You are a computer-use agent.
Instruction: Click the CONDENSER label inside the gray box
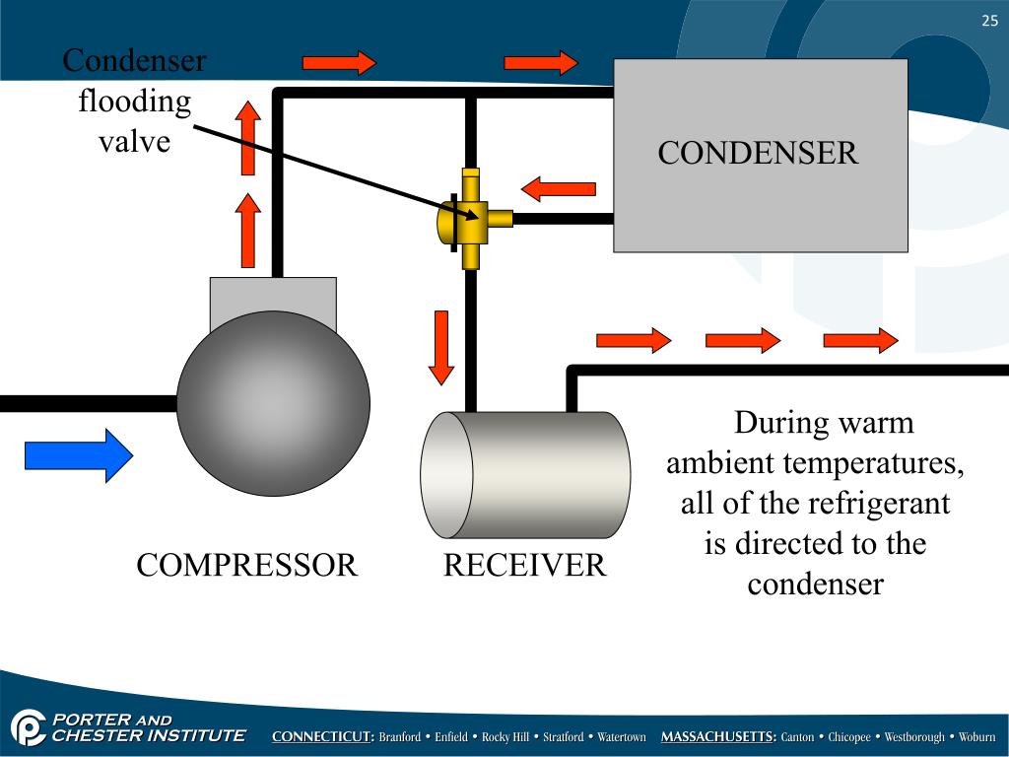(758, 153)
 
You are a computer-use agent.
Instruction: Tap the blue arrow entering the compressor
(79, 455)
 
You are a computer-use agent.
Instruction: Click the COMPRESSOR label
(246, 565)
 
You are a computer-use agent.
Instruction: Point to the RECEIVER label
(524, 565)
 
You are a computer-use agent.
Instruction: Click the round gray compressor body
(274, 403)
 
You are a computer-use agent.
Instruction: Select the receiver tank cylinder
(525, 475)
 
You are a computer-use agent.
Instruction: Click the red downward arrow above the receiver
(440, 348)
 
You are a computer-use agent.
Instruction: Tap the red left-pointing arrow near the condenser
(559, 189)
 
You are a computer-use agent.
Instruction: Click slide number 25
(989, 21)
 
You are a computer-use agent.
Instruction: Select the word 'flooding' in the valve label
(134, 102)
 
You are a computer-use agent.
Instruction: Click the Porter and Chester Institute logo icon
(28, 727)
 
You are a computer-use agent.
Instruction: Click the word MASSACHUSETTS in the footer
(718, 737)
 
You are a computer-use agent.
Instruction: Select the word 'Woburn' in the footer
(976, 737)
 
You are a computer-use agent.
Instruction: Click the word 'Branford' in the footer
(400, 737)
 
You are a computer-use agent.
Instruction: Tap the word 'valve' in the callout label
(134, 142)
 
